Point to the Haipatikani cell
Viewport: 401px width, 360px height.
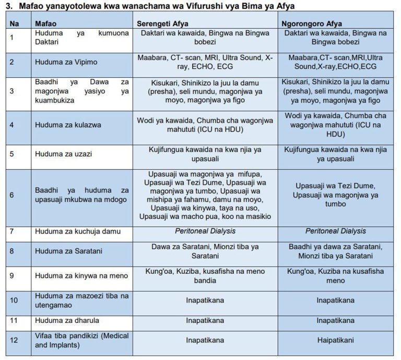[335, 340]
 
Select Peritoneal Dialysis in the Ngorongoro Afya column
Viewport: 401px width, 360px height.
[335, 231]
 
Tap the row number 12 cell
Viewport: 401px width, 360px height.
[15, 340]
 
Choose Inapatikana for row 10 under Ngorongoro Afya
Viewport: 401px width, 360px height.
[335, 300]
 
